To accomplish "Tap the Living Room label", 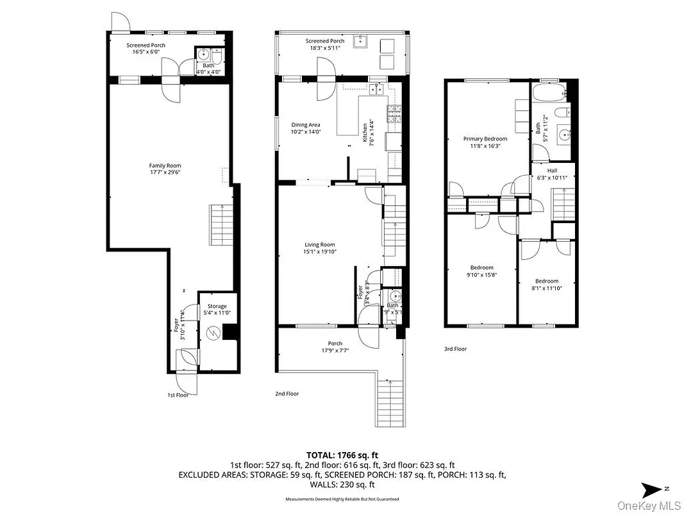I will (x=319, y=244).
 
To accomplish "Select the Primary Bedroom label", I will (x=485, y=139).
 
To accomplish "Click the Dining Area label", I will (x=305, y=124).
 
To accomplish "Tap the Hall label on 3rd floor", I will (x=552, y=171).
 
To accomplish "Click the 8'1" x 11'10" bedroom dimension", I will (x=547, y=289).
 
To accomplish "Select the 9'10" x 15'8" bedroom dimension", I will (x=481, y=275).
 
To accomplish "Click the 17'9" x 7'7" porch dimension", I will (x=335, y=351).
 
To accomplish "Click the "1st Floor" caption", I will (x=178, y=395).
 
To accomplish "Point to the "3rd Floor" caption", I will (x=456, y=349).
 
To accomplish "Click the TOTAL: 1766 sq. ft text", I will (x=341, y=454).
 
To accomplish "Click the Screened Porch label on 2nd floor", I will (x=324, y=41).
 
